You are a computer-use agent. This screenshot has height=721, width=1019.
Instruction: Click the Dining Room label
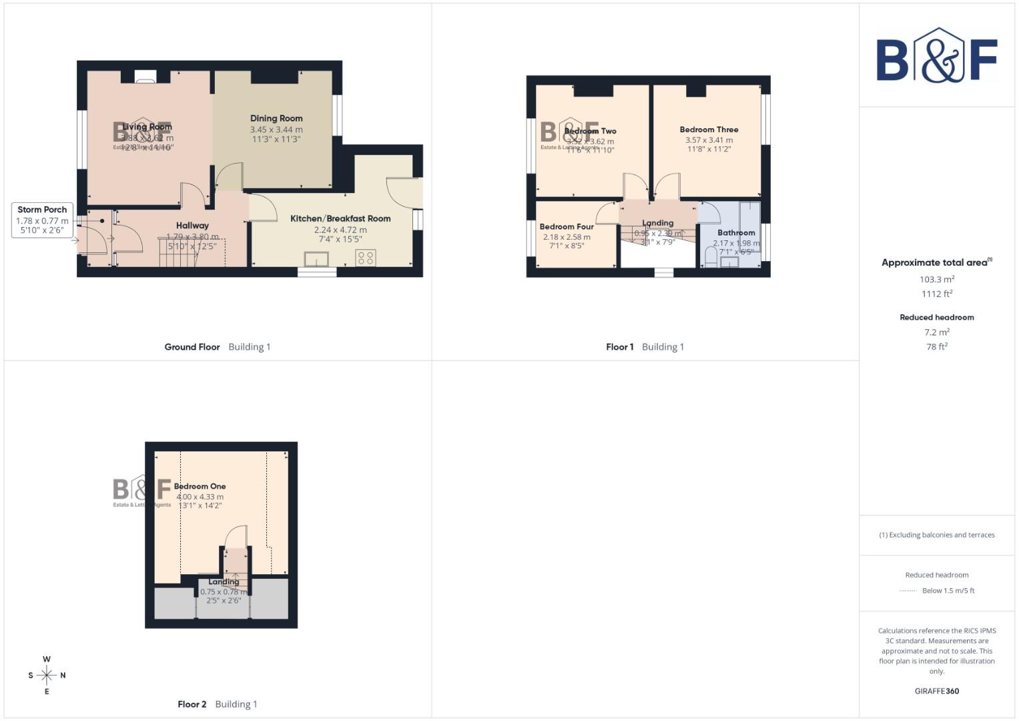(x=276, y=118)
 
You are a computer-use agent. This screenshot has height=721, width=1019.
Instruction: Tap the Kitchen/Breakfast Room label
(x=340, y=218)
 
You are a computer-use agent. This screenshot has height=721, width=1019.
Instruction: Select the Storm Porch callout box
(x=42, y=220)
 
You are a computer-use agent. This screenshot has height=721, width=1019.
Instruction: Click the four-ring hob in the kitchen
(x=365, y=258)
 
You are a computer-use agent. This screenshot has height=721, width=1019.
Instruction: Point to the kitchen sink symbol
(x=317, y=258)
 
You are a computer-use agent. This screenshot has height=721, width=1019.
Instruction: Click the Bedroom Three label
(x=709, y=130)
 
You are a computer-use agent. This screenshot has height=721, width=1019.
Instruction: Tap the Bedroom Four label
(x=567, y=226)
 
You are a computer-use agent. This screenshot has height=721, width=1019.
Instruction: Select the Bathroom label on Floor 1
(x=736, y=233)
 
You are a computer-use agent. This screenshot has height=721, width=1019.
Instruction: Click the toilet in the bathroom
(x=711, y=257)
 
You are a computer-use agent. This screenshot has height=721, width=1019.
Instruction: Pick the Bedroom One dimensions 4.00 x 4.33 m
(x=200, y=497)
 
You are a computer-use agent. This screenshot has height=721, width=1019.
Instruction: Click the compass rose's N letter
(x=63, y=676)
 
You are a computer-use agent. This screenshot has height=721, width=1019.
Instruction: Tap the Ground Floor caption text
(x=192, y=347)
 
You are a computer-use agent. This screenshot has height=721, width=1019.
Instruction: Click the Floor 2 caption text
(x=192, y=704)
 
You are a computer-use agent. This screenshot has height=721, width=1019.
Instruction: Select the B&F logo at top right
(x=936, y=57)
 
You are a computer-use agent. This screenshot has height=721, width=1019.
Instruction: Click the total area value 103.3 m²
(x=936, y=280)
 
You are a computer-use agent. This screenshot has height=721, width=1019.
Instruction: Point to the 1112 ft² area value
(x=936, y=294)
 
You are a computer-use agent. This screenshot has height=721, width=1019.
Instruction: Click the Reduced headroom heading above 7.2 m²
(x=936, y=318)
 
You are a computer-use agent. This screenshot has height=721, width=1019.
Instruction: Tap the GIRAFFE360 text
(x=936, y=691)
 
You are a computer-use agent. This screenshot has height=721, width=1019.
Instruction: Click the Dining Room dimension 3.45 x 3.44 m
(x=276, y=130)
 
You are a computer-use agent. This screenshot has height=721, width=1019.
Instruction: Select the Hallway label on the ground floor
(x=192, y=226)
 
